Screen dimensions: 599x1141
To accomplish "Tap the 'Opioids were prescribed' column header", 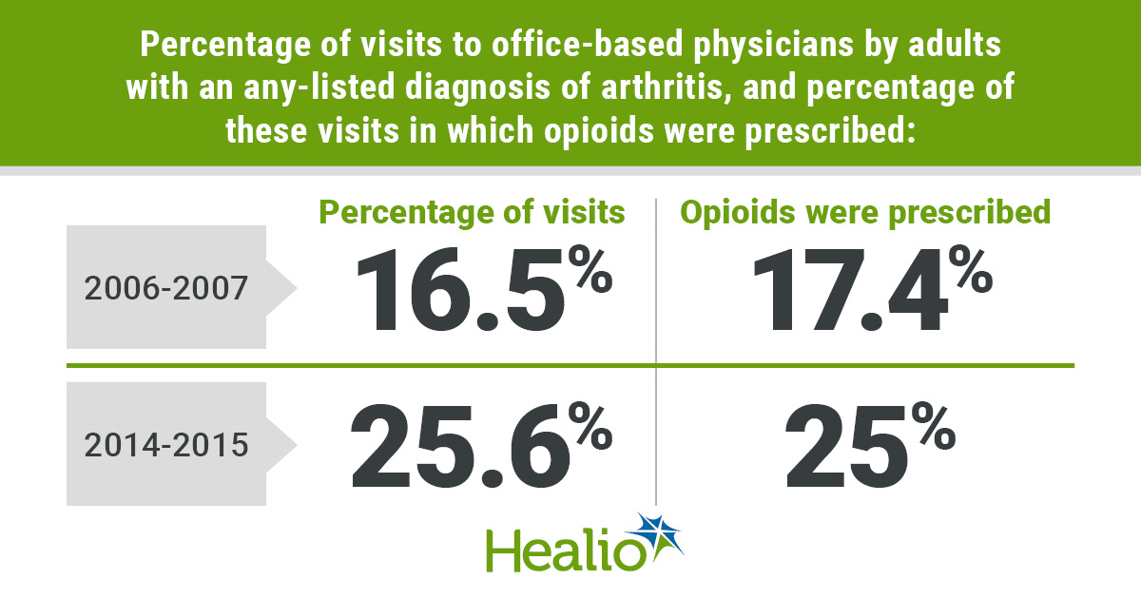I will tap(865, 213).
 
